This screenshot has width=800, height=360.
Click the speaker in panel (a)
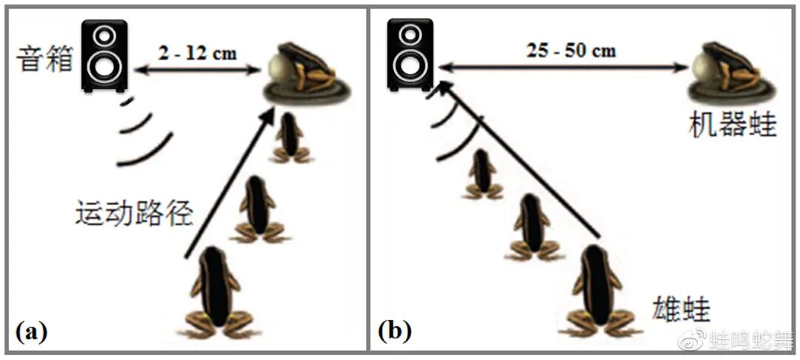tap(104, 56)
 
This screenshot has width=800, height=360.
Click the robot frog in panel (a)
tap(306, 73)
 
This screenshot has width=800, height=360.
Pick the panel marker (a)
tap(30, 331)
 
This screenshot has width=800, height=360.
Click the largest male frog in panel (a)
tap(216, 293)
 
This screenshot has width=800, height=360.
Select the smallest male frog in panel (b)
tap(483, 174)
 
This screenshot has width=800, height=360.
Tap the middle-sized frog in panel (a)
tap(258, 210)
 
